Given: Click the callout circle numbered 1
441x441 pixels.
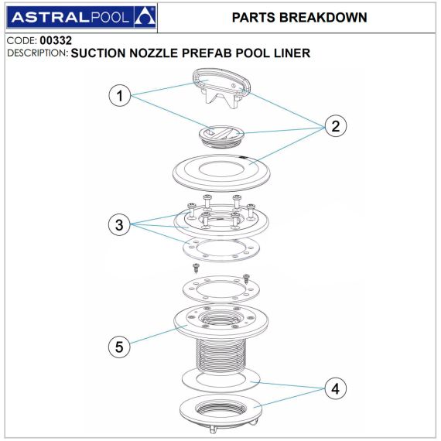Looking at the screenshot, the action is pyautogui.click(x=119, y=96).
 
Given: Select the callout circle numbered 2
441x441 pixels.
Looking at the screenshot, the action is pyautogui.click(x=336, y=125).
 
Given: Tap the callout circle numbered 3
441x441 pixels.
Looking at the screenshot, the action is pyautogui.click(x=119, y=224).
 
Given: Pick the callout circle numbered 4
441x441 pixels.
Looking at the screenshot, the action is pyautogui.click(x=336, y=388).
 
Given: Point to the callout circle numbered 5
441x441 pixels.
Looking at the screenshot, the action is pyautogui.click(x=119, y=346).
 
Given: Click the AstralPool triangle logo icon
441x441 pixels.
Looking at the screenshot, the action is pyautogui.click(x=145, y=17).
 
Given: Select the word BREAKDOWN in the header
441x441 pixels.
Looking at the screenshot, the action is pyautogui.click(x=323, y=18).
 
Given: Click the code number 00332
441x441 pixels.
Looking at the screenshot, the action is pyautogui.click(x=56, y=40).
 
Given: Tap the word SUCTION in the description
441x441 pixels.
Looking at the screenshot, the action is pyautogui.click(x=98, y=53).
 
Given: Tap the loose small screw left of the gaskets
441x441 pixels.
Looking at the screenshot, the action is pyautogui.click(x=196, y=268).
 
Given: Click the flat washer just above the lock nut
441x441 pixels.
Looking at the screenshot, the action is pyautogui.click(x=221, y=381).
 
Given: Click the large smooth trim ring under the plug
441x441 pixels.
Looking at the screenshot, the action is pyautogui.click(x=221, y=173).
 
